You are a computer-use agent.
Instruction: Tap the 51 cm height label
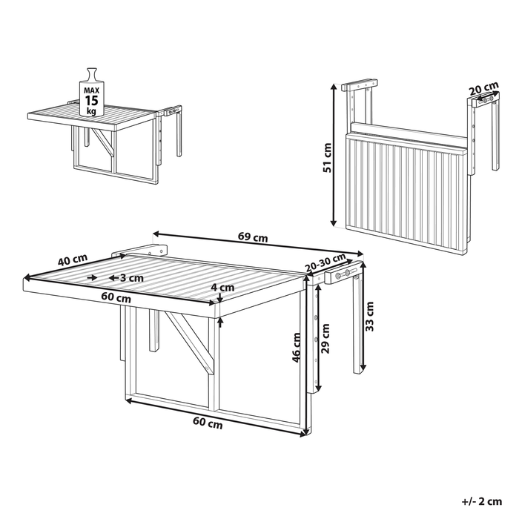tap(328, 156)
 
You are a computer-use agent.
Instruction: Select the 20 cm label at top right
tap(483, 90)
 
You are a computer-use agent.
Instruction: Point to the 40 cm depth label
tap(73, 261)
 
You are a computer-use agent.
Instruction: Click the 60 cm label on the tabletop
tap(116, 298)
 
